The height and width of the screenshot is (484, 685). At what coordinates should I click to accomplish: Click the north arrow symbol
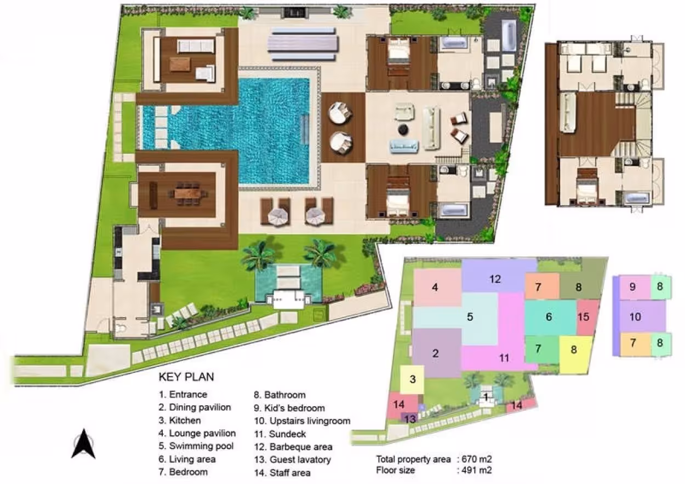(x=83, y=444)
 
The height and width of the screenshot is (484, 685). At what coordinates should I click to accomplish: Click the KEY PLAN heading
(x=186, y=377)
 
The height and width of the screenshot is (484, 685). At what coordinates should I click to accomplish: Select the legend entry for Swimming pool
(x=196, y=446)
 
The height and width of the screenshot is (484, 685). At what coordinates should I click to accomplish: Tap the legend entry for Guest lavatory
(x=293, y=459)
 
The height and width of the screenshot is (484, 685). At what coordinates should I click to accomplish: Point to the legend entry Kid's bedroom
(x=289, y=408)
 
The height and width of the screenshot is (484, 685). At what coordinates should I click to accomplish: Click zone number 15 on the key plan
(x=583, y=317)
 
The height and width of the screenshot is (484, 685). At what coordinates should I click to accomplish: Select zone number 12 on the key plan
(x=495, y=279)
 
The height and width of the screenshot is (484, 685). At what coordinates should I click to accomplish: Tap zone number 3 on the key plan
(x=413, y=379)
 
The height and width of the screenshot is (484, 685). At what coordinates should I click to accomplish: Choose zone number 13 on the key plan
(x=410, y=419)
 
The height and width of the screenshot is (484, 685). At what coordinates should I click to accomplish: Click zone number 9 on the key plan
(x=633, y=286)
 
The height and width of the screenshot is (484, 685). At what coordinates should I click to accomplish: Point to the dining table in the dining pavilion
(x=187, y=193)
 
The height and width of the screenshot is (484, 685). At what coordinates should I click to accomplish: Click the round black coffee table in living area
(x=403, y=130)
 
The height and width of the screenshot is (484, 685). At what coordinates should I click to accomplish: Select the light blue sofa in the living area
(x=404, y=146)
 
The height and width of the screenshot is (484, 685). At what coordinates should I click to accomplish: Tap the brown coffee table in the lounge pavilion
(x=180, y=64)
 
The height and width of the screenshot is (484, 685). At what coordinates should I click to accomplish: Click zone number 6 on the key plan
(x=549, y=317)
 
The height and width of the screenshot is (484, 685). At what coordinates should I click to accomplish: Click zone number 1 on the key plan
(x=486, y=397)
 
